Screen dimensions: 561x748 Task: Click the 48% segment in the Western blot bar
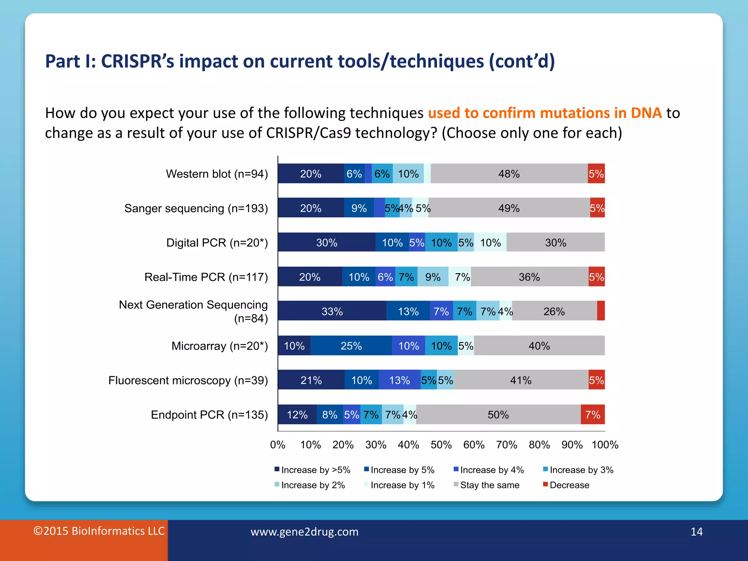509,174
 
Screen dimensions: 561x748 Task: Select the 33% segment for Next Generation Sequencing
332,311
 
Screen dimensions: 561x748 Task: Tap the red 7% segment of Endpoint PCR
592,415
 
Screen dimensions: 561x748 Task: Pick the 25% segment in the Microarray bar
351,346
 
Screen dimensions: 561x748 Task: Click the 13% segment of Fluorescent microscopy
399,380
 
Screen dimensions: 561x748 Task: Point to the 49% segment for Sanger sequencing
509,208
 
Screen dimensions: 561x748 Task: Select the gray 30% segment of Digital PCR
556,243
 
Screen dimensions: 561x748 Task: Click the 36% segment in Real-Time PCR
529,277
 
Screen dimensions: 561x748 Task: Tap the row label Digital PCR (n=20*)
217,243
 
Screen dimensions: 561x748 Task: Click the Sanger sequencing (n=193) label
196,208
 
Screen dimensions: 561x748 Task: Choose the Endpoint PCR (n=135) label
209,415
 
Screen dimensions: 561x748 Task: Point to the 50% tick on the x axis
441,444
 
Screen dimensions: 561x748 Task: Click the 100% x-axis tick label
605,444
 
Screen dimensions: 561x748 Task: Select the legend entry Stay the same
489,485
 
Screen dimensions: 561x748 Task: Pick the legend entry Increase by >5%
316,470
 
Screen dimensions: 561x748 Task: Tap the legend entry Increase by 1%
402,485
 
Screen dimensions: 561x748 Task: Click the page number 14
697,531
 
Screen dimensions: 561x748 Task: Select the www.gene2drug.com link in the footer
304,531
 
